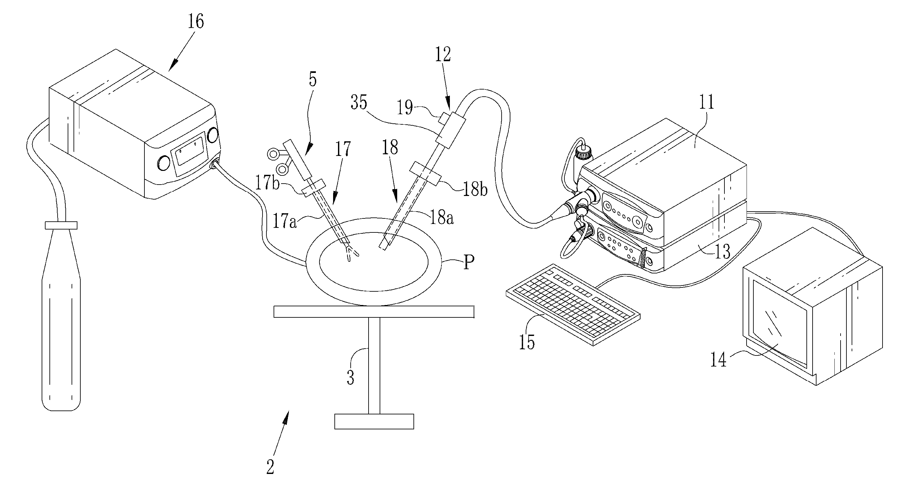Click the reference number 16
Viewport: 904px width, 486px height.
196,21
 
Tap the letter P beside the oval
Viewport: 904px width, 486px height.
468,262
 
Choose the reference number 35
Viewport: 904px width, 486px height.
359,103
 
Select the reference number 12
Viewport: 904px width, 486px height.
443,55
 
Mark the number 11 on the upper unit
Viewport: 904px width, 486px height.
707,102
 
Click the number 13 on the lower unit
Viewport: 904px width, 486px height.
722,252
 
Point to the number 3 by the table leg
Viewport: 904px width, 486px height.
350,378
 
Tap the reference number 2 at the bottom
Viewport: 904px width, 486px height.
270,467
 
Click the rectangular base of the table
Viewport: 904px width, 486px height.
374,422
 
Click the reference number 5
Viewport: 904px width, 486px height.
312,79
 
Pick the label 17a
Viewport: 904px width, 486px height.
284,222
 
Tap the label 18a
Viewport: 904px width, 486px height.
441,218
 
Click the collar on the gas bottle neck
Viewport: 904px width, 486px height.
61,225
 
